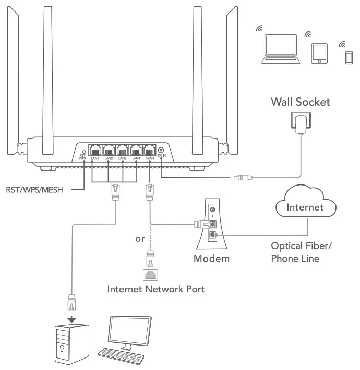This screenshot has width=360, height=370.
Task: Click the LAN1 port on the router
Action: point(95,149)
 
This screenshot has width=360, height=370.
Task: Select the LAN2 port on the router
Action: point(109,149)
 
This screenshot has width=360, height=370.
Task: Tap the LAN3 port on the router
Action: point(123,149)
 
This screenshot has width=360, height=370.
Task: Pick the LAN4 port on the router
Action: point(136,149)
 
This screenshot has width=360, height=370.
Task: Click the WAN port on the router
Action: point(150,149)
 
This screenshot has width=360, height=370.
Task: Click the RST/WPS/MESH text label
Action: point(34,190)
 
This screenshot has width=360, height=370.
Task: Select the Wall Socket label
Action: point(300,102)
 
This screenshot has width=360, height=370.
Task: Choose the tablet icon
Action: point(319,53)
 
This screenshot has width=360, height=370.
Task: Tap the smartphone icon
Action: point(348,56)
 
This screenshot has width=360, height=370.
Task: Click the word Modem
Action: point(211,258)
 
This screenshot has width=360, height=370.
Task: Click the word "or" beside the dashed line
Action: point(139,239)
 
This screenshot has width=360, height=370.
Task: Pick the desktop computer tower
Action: point(72,344)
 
